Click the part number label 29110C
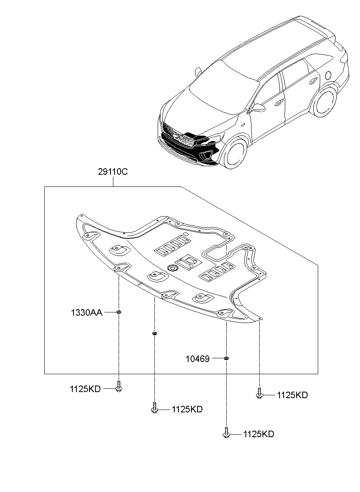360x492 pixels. click(113, 172)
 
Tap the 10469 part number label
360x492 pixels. click(197, 359)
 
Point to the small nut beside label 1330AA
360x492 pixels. click(119, 312)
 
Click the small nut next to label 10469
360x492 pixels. click(227, 358)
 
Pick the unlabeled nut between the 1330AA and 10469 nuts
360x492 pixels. click(154, 334)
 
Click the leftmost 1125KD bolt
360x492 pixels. click(119, 386)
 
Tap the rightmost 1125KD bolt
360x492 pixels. click(259, 393)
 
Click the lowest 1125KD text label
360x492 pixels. click(258, 434)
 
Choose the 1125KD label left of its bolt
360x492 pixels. click(85, 389)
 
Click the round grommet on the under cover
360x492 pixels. click(173, 268)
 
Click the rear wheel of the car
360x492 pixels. click(324, 101)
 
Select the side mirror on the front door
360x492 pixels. click(258, 108)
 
